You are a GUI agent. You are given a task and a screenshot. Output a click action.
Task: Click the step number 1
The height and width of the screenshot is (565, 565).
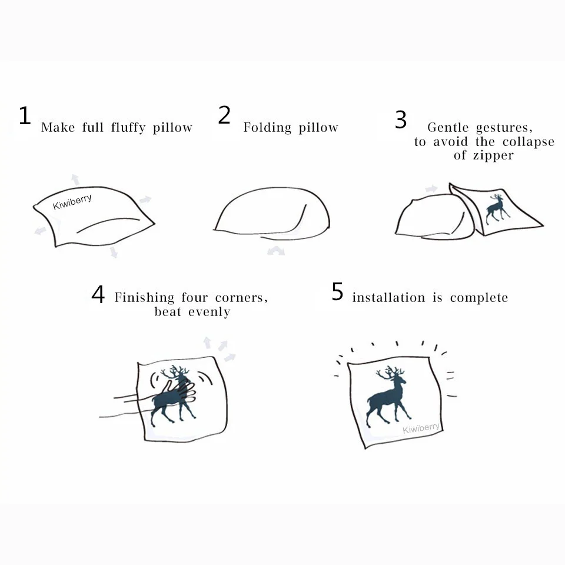tap(24, 116)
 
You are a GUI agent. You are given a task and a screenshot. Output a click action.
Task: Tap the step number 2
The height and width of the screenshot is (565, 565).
tap(224, 115)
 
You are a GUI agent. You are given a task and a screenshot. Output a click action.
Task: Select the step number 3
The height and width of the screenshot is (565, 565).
tap(401, 120)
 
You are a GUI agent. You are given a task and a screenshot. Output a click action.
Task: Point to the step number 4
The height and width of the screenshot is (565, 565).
tap(98, 295)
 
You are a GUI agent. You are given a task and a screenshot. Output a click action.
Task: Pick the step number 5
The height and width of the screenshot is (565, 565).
tap(337, 292)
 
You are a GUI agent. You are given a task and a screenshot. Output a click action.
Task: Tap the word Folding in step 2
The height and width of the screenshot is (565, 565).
tap(268, 128)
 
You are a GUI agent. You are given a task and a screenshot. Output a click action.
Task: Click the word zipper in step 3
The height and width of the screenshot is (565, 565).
tap(492, 155)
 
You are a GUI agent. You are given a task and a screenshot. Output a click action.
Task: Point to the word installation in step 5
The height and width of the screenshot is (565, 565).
tap(388, 298)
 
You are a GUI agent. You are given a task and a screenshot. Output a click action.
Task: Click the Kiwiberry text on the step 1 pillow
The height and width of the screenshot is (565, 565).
tap(72, 202)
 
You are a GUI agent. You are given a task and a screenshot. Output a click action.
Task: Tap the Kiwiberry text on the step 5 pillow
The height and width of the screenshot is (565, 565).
tap(421, 428)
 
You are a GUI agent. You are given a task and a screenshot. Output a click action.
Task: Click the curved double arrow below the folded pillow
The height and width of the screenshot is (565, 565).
tap(275, 251)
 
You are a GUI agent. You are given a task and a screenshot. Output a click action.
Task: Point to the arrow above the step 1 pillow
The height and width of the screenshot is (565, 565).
tap(75, 179)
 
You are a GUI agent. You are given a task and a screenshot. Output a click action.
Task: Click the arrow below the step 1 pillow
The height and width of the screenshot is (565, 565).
tap(113, 252)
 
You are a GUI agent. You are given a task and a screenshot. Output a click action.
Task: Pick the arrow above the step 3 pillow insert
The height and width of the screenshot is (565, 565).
tap(431, 189)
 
